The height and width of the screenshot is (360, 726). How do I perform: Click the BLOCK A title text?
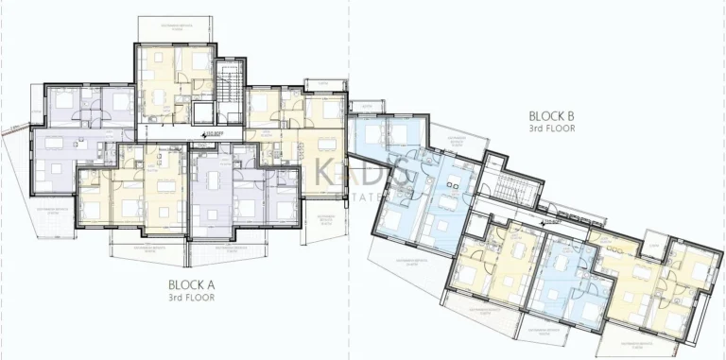(192, 283)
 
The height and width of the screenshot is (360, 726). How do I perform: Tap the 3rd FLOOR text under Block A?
(192, 297)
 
